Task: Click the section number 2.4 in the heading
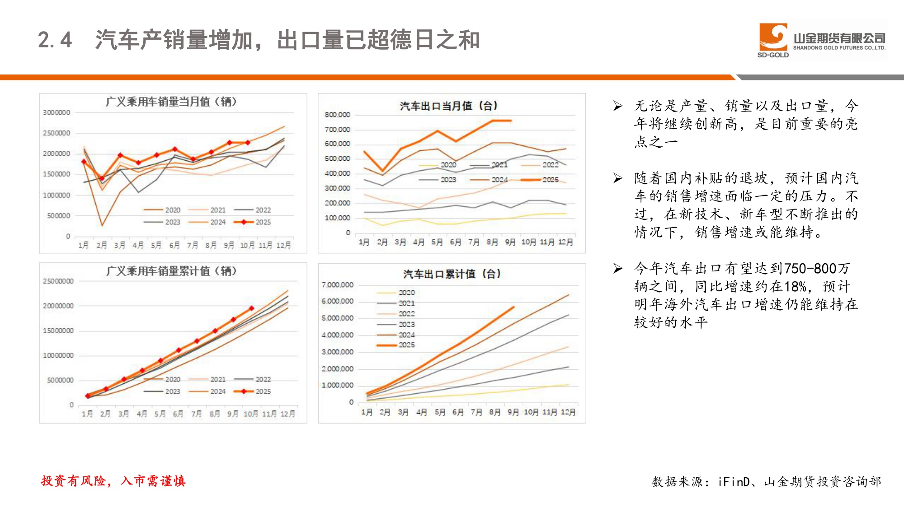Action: [x=55, y=40]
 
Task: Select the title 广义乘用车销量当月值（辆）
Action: [x=171, y=102]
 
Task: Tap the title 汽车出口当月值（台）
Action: [x=448, y=106]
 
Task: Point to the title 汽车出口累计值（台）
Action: [x=452, y=274]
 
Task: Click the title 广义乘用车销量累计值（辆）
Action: [x=171, y=271]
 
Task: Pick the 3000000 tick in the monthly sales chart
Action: [x=56, y=112]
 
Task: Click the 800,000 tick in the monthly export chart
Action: [x=337, y=115]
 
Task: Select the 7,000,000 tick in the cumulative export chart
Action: [x=337, y=285]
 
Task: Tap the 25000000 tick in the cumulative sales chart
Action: [x=58, y=281]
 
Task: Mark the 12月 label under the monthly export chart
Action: [x=565, y=242]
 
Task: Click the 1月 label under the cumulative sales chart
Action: [x=87, y=414]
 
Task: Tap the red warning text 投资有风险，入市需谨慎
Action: [x=113, y=481]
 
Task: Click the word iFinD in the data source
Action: [x=734, y=482]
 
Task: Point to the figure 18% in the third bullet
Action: [x=795, y=287]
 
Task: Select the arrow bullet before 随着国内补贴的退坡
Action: [x=618, y=178]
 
